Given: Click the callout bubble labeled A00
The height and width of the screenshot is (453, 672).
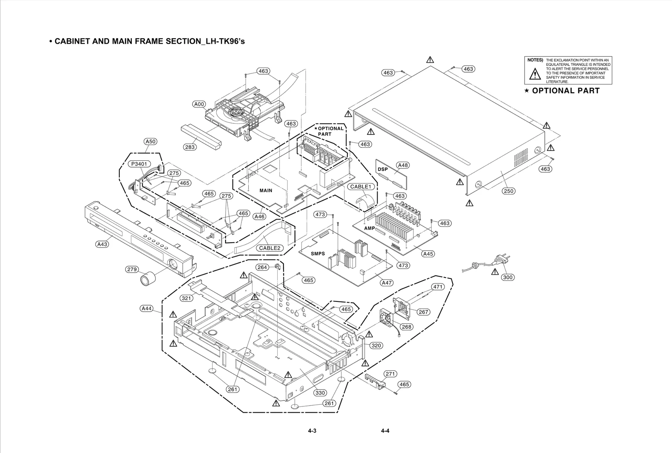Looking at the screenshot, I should click(199, 104).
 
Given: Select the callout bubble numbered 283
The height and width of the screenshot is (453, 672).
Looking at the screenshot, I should click(190, 147).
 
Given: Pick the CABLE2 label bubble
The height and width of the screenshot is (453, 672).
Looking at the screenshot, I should click(269, 248).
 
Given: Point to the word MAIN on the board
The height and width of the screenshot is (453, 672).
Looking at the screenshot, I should click(266, 191).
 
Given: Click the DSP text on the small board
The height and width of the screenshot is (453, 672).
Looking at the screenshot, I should click(383, 169).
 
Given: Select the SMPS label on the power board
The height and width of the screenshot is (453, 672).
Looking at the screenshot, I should click(318, 254).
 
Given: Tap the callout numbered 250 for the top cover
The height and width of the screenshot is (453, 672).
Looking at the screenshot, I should click(508, 191).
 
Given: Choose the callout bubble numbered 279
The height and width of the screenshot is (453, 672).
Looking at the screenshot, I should click(132, 270).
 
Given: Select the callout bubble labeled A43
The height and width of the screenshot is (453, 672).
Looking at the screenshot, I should click(102, 244).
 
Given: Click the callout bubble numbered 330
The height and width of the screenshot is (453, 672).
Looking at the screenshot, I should click(320, 393).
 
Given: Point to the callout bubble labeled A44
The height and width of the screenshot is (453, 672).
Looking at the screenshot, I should click(147, 309).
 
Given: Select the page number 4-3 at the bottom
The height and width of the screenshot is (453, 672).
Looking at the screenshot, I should click(312, 431).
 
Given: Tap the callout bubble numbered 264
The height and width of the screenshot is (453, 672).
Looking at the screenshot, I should click(262, 267).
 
